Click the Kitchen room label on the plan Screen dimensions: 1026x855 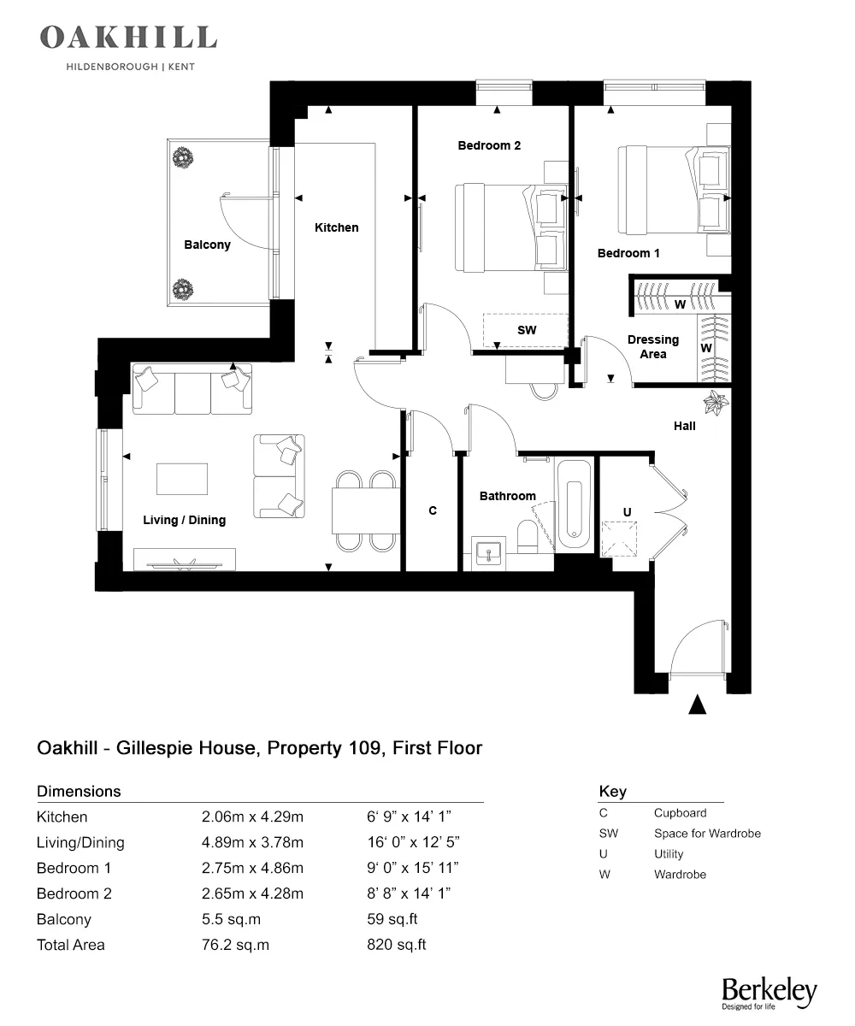point(336,227)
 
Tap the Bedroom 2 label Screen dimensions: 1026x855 point(489,145)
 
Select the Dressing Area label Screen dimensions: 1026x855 point(652,346)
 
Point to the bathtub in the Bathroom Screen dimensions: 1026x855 point(574,506)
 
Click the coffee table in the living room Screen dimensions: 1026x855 point(182,479)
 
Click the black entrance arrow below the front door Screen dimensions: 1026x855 point(699,705)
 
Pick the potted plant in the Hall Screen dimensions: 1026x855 point(714,401)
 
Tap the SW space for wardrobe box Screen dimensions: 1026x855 point(526,329)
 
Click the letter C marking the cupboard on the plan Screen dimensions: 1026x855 point(433,510)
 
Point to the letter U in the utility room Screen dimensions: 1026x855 point(627,511)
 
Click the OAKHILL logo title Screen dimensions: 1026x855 point(128,38)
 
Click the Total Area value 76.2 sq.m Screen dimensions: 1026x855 point(235,945)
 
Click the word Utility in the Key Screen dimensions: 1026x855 point(669,853)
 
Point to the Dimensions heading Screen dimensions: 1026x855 point(79,791)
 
